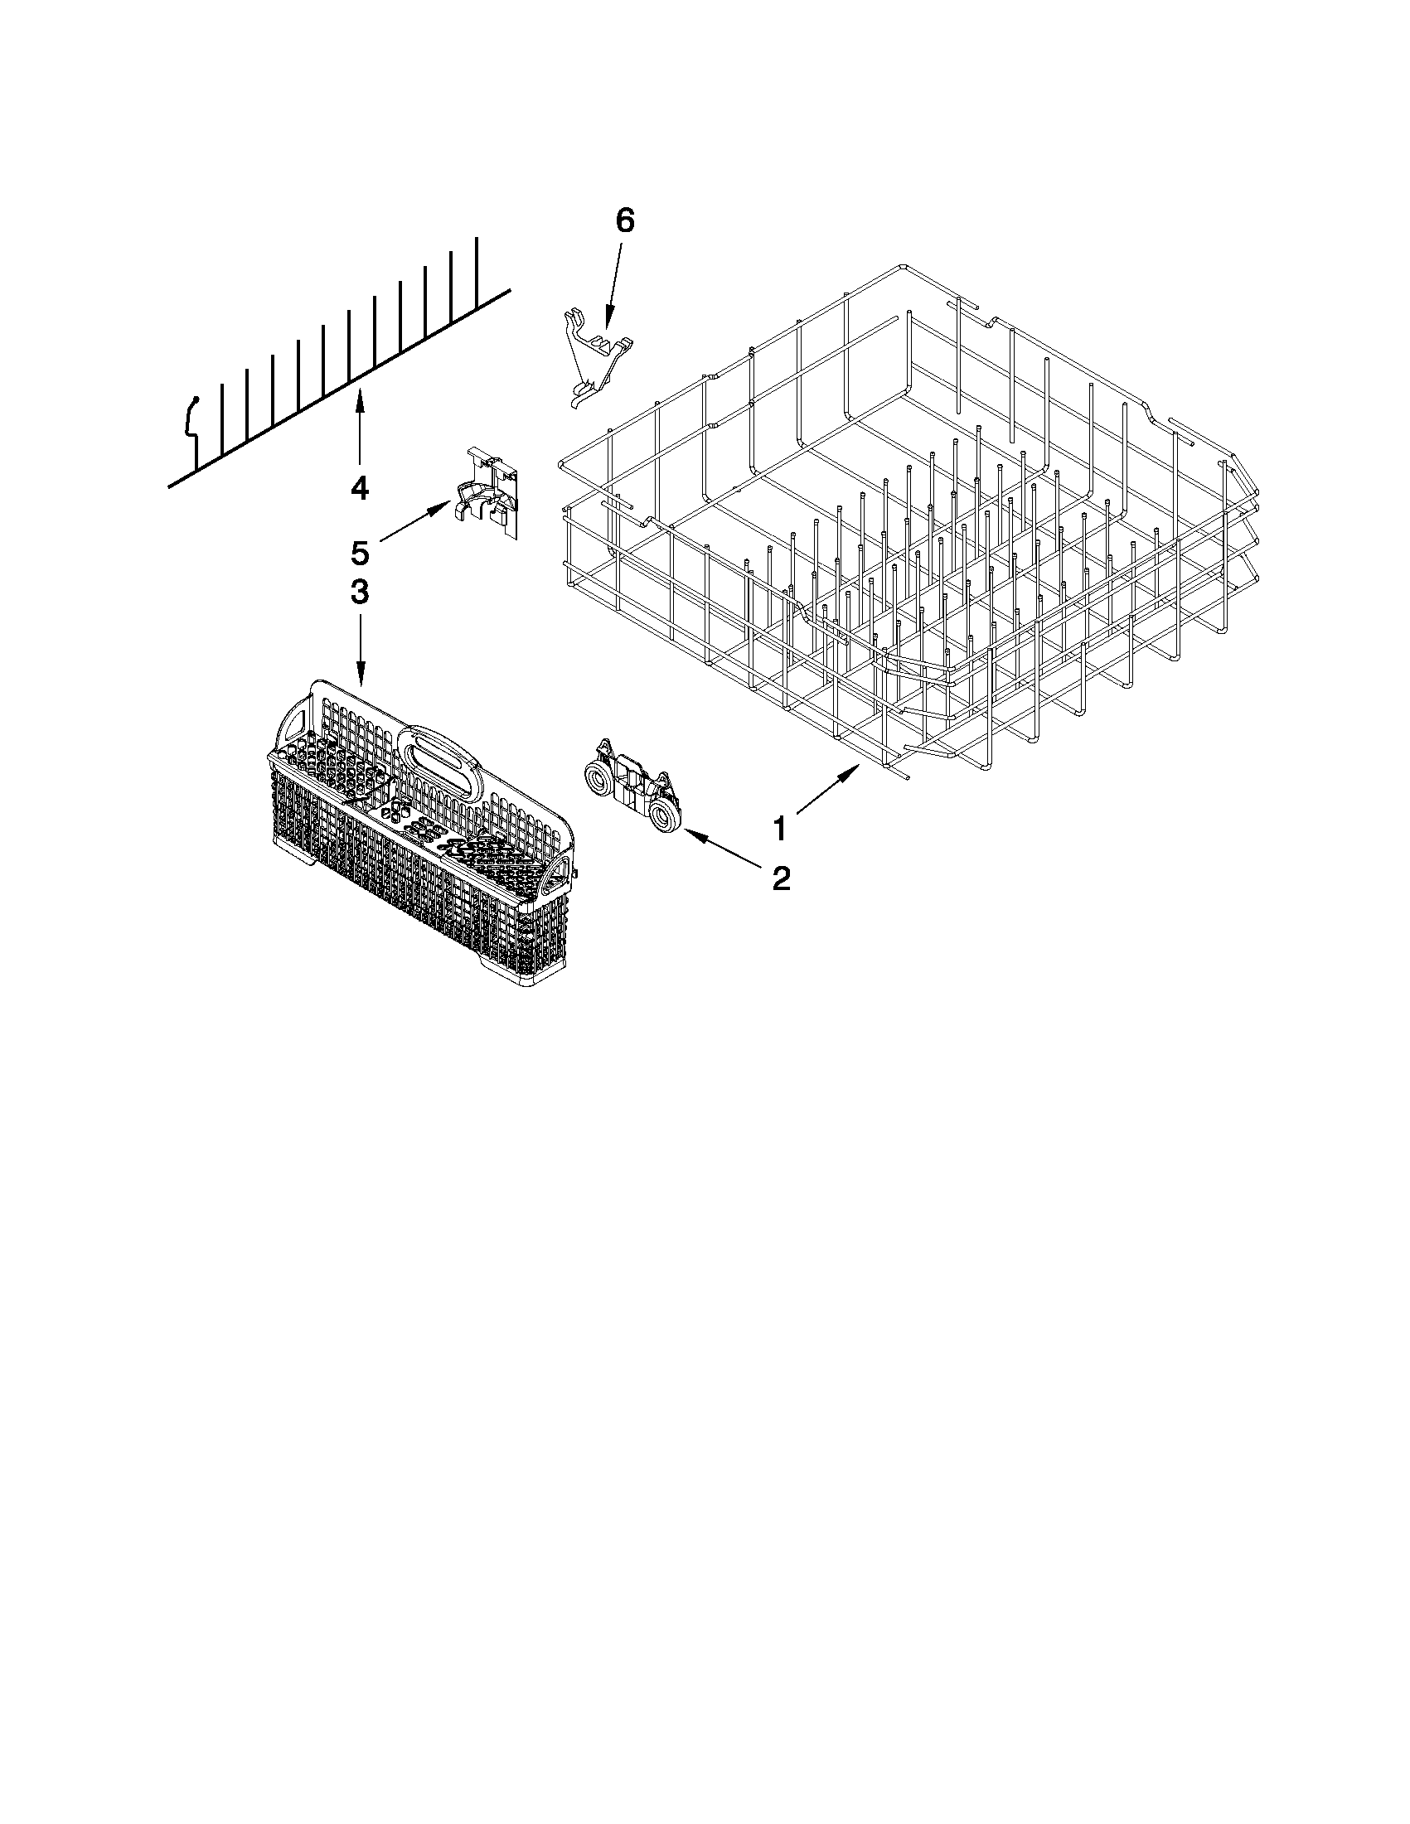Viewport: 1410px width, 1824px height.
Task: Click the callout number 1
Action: coord(778,830)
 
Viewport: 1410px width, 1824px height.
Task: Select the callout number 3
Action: coord(359,593)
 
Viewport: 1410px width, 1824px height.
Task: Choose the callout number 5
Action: coord(359,552)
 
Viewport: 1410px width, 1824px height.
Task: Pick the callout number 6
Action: coord(625,220)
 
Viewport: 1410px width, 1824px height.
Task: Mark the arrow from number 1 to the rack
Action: coord(828,787)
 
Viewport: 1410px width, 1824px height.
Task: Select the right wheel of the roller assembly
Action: coord(665,820)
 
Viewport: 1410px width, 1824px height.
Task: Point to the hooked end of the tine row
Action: coord(191,418)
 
